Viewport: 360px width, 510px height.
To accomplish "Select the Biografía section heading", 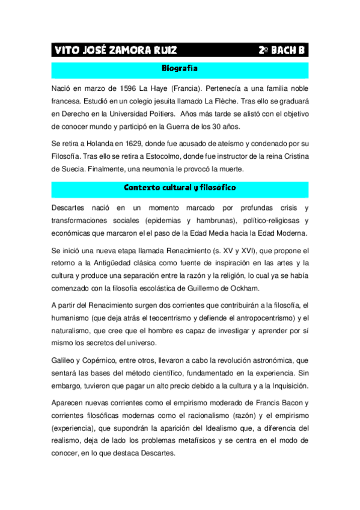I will click(x=180, y=69).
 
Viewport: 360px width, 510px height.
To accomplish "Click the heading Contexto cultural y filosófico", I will click(x=180, y=188).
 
